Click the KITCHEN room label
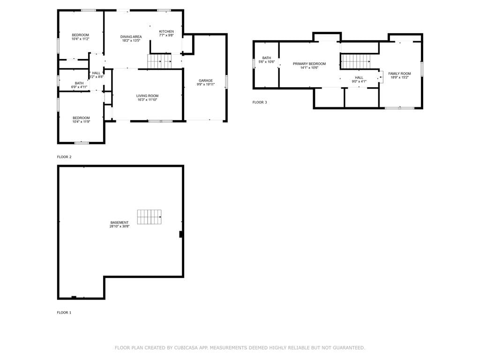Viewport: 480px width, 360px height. tap(166, 31)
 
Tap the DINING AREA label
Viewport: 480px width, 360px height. tap(131, 37)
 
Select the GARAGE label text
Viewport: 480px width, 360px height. tap(206, 81)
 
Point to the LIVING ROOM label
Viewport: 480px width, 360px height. tap(147, 96)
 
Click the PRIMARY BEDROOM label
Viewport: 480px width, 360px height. tap(309, 64)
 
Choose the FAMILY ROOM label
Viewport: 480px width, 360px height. tap(399, 74)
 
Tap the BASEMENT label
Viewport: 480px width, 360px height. tap(120, 223)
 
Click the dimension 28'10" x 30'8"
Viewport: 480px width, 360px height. tap(120, 226)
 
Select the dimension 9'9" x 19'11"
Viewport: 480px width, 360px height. tap(206, 84)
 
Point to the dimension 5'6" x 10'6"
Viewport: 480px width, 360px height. tap(267, 62)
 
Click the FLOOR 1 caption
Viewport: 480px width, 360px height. tap(64, 313)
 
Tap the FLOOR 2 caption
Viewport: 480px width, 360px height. tap(64, 157)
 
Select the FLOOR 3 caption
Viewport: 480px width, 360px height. tap(260, 102)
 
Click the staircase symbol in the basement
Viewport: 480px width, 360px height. tap(149, 217)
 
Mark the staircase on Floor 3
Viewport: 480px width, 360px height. tap(356, 61)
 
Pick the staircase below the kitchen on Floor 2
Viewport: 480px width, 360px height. tap(159, 61)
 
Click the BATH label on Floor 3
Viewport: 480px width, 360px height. tap(267, 58)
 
